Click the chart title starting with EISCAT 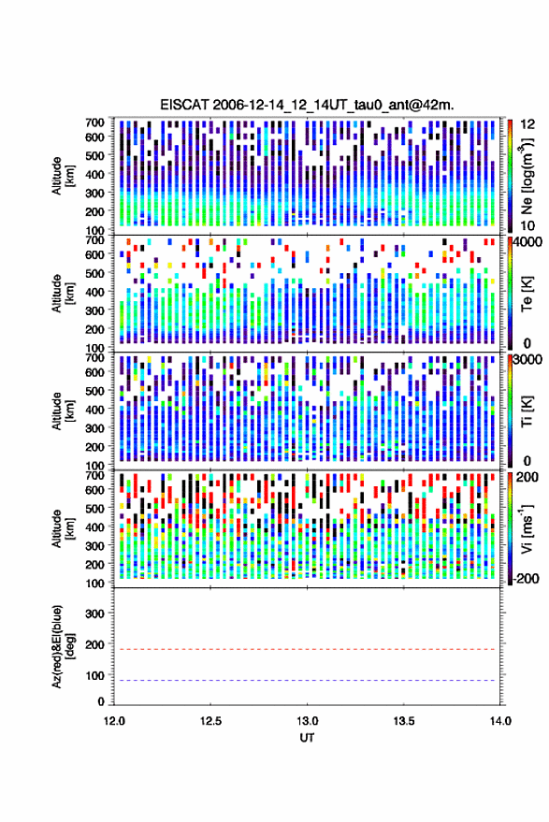307,105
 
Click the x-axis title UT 307,738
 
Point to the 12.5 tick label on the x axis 210,721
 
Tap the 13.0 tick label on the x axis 308,721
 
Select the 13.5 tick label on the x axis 404,721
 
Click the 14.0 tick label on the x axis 500,721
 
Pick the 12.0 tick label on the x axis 114,721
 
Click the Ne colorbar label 527,176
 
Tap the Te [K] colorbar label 527,294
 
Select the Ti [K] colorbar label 527,411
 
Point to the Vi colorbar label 527,528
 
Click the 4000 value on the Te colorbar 527,243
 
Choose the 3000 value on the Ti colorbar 527,360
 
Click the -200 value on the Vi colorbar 525,578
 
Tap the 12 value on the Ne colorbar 527,124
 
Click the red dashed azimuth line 307,649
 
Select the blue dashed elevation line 307,680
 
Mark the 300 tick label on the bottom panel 94,613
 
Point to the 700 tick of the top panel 94,123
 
